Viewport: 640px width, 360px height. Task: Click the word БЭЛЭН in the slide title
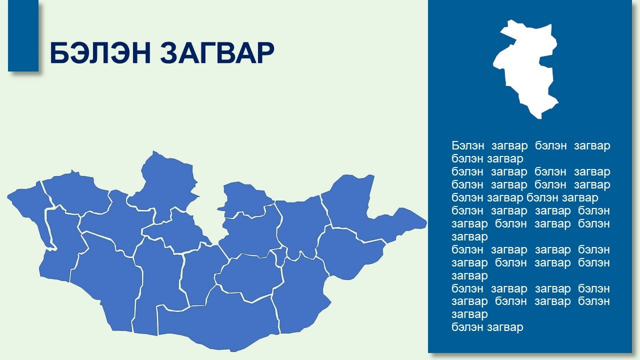[x=100, y=53]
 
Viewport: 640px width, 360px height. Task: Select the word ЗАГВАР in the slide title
[x=217, y=53]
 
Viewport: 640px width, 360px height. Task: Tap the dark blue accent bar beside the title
[x=23, y=35]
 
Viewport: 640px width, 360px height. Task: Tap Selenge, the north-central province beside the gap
[x=245, y=200]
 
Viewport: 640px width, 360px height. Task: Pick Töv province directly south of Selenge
[x=251, y=234]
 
